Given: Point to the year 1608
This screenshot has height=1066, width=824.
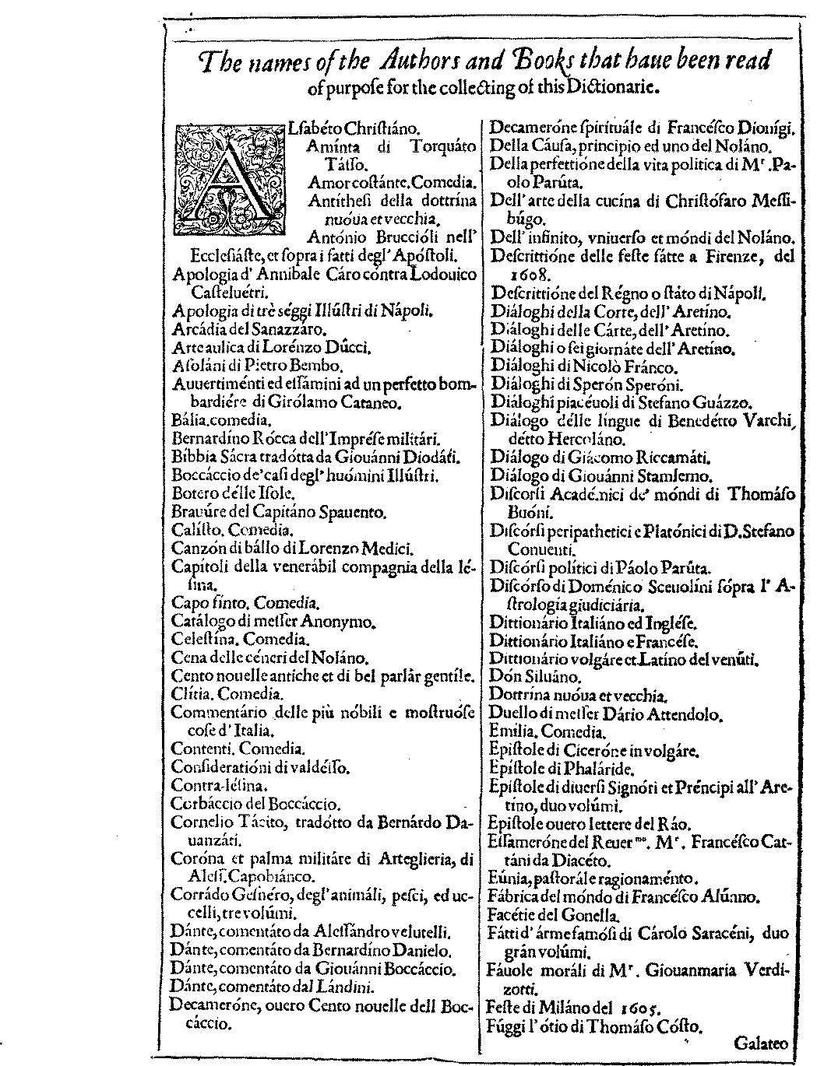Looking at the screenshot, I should [x=527, y=275].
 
